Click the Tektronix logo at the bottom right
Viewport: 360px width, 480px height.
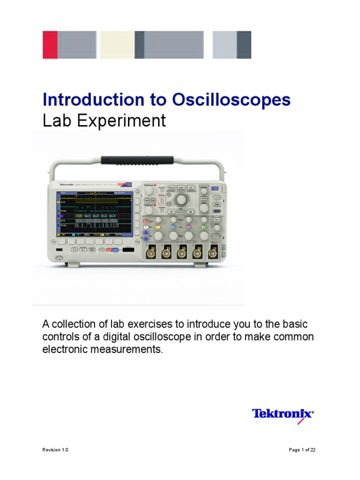coord(283,414)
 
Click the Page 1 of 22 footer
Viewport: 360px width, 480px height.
coord(302,450)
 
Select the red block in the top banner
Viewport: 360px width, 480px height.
coord(50,45)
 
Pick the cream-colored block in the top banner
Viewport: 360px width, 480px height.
coord(117,45)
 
